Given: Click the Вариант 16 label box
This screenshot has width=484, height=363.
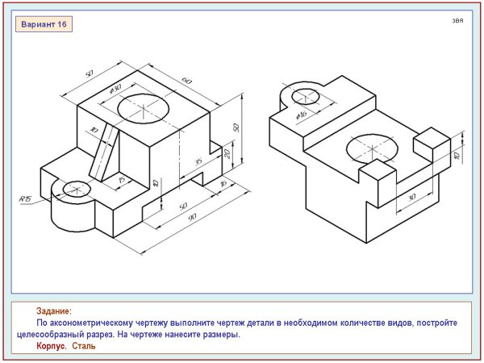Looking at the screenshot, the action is [44, 24].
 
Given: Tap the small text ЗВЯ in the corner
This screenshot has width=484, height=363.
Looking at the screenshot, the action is [457, 21].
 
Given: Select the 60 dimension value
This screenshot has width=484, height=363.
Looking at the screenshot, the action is [187, 81].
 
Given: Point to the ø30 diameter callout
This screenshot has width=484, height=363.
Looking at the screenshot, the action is [115, 89].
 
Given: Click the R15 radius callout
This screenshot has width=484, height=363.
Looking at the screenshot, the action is [25, 198].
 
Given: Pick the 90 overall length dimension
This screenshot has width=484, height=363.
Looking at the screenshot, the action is [192, 217].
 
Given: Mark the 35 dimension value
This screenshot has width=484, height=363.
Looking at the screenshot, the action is [198, 161].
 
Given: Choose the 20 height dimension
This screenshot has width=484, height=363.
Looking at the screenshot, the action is [227, 153].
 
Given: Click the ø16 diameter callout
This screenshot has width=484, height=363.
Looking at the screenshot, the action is [301, 115].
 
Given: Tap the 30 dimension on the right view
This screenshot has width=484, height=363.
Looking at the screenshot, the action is [411, 197].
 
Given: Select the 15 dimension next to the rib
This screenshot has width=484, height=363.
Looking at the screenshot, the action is [123, 179].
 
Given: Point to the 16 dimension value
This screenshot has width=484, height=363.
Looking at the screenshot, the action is [223, 184].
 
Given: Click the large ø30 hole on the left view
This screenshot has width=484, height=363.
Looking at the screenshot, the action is [144, 108].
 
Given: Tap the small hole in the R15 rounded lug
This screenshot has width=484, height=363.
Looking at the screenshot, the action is [77, 189].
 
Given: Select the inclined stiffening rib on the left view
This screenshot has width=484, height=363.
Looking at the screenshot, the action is [104, 152].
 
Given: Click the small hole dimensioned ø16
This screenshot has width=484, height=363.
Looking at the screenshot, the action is [305, 96].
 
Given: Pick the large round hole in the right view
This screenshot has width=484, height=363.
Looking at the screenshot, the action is [372, 148].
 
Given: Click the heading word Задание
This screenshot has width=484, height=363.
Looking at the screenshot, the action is [54, 311].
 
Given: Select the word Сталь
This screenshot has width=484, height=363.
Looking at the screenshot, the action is [84, 346].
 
